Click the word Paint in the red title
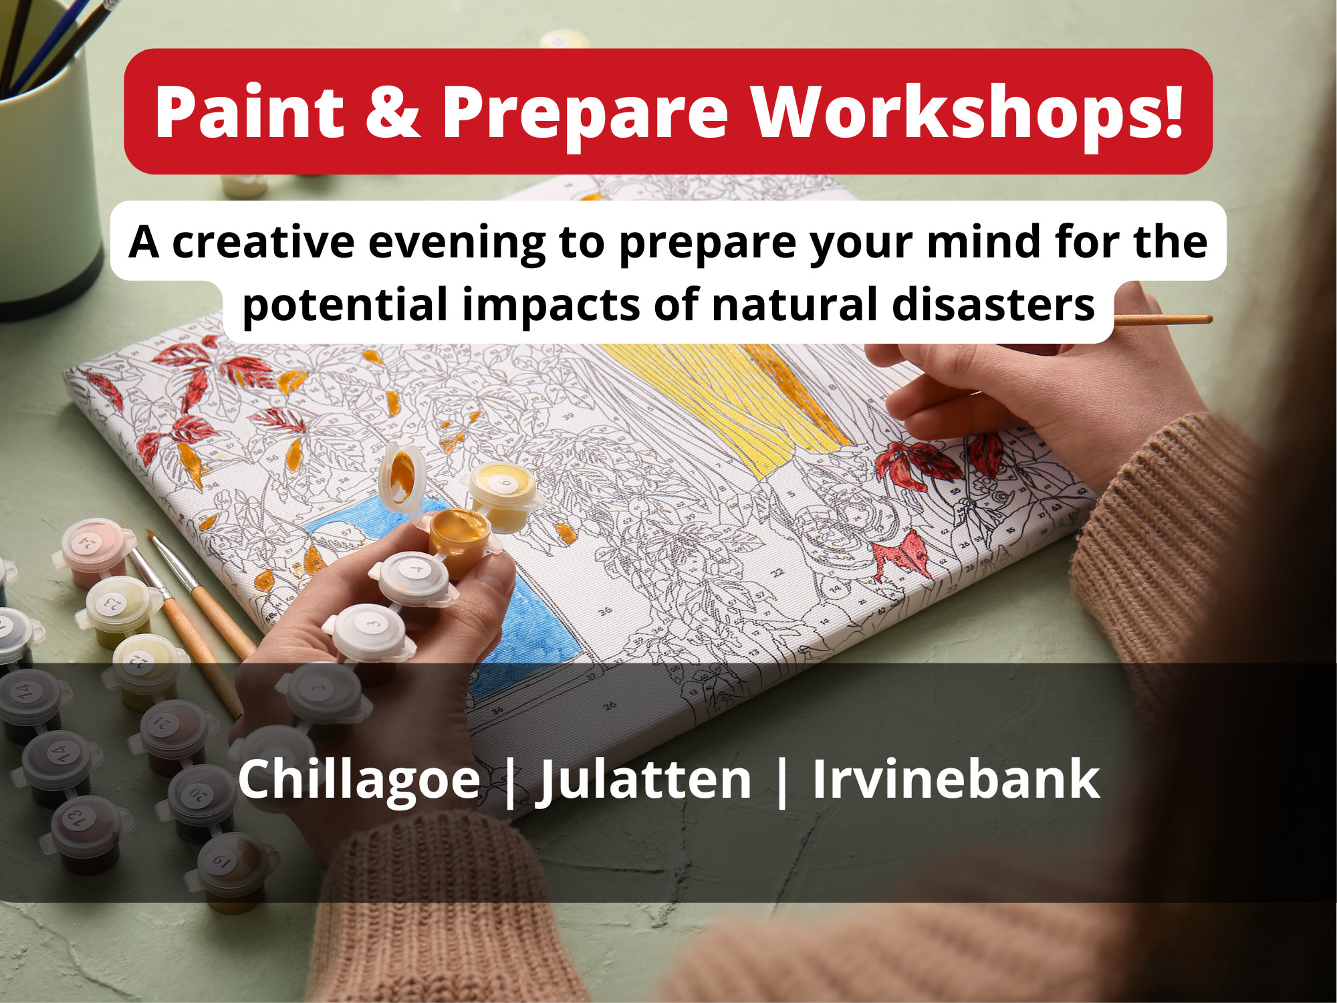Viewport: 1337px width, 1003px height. (x=249, y=112)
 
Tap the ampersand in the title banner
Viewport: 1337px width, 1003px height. (x=392, y=112)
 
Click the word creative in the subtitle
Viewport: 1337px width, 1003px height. (x=263, y=241)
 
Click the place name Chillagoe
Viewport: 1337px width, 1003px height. (x=359, y=780)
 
